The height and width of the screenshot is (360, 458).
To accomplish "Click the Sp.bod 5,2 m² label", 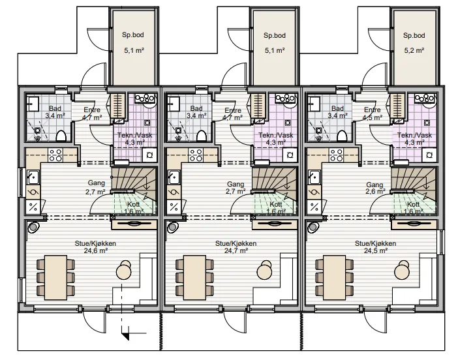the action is (414, 43).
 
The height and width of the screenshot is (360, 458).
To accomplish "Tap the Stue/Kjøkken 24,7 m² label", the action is (236, 247).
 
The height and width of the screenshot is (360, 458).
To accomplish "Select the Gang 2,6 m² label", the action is (374, 188).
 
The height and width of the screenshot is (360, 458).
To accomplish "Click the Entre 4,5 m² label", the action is (373, 113).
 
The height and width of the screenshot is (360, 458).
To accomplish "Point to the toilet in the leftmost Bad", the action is (61, 136).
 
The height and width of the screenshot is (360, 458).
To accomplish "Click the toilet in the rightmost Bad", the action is (342, 136).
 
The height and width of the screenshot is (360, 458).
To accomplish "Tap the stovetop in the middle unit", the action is (196, 155).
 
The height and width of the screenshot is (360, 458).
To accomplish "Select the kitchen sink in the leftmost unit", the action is (33, 177).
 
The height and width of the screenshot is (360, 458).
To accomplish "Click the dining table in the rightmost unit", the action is (335, 277).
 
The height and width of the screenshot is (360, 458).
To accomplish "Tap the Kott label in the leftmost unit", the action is (133, 204).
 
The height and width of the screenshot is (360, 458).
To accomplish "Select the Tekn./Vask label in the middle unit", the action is (276, 136).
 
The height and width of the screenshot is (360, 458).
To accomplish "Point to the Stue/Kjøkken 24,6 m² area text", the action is (95, 247).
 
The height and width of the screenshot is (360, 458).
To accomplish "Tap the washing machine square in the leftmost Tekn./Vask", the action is (150, 155).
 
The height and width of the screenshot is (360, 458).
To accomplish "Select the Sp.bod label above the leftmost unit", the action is (133, 35).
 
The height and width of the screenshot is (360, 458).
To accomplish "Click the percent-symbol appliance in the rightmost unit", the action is (314, 207).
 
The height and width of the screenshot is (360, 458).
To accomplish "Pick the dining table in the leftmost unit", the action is (56, 277).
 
